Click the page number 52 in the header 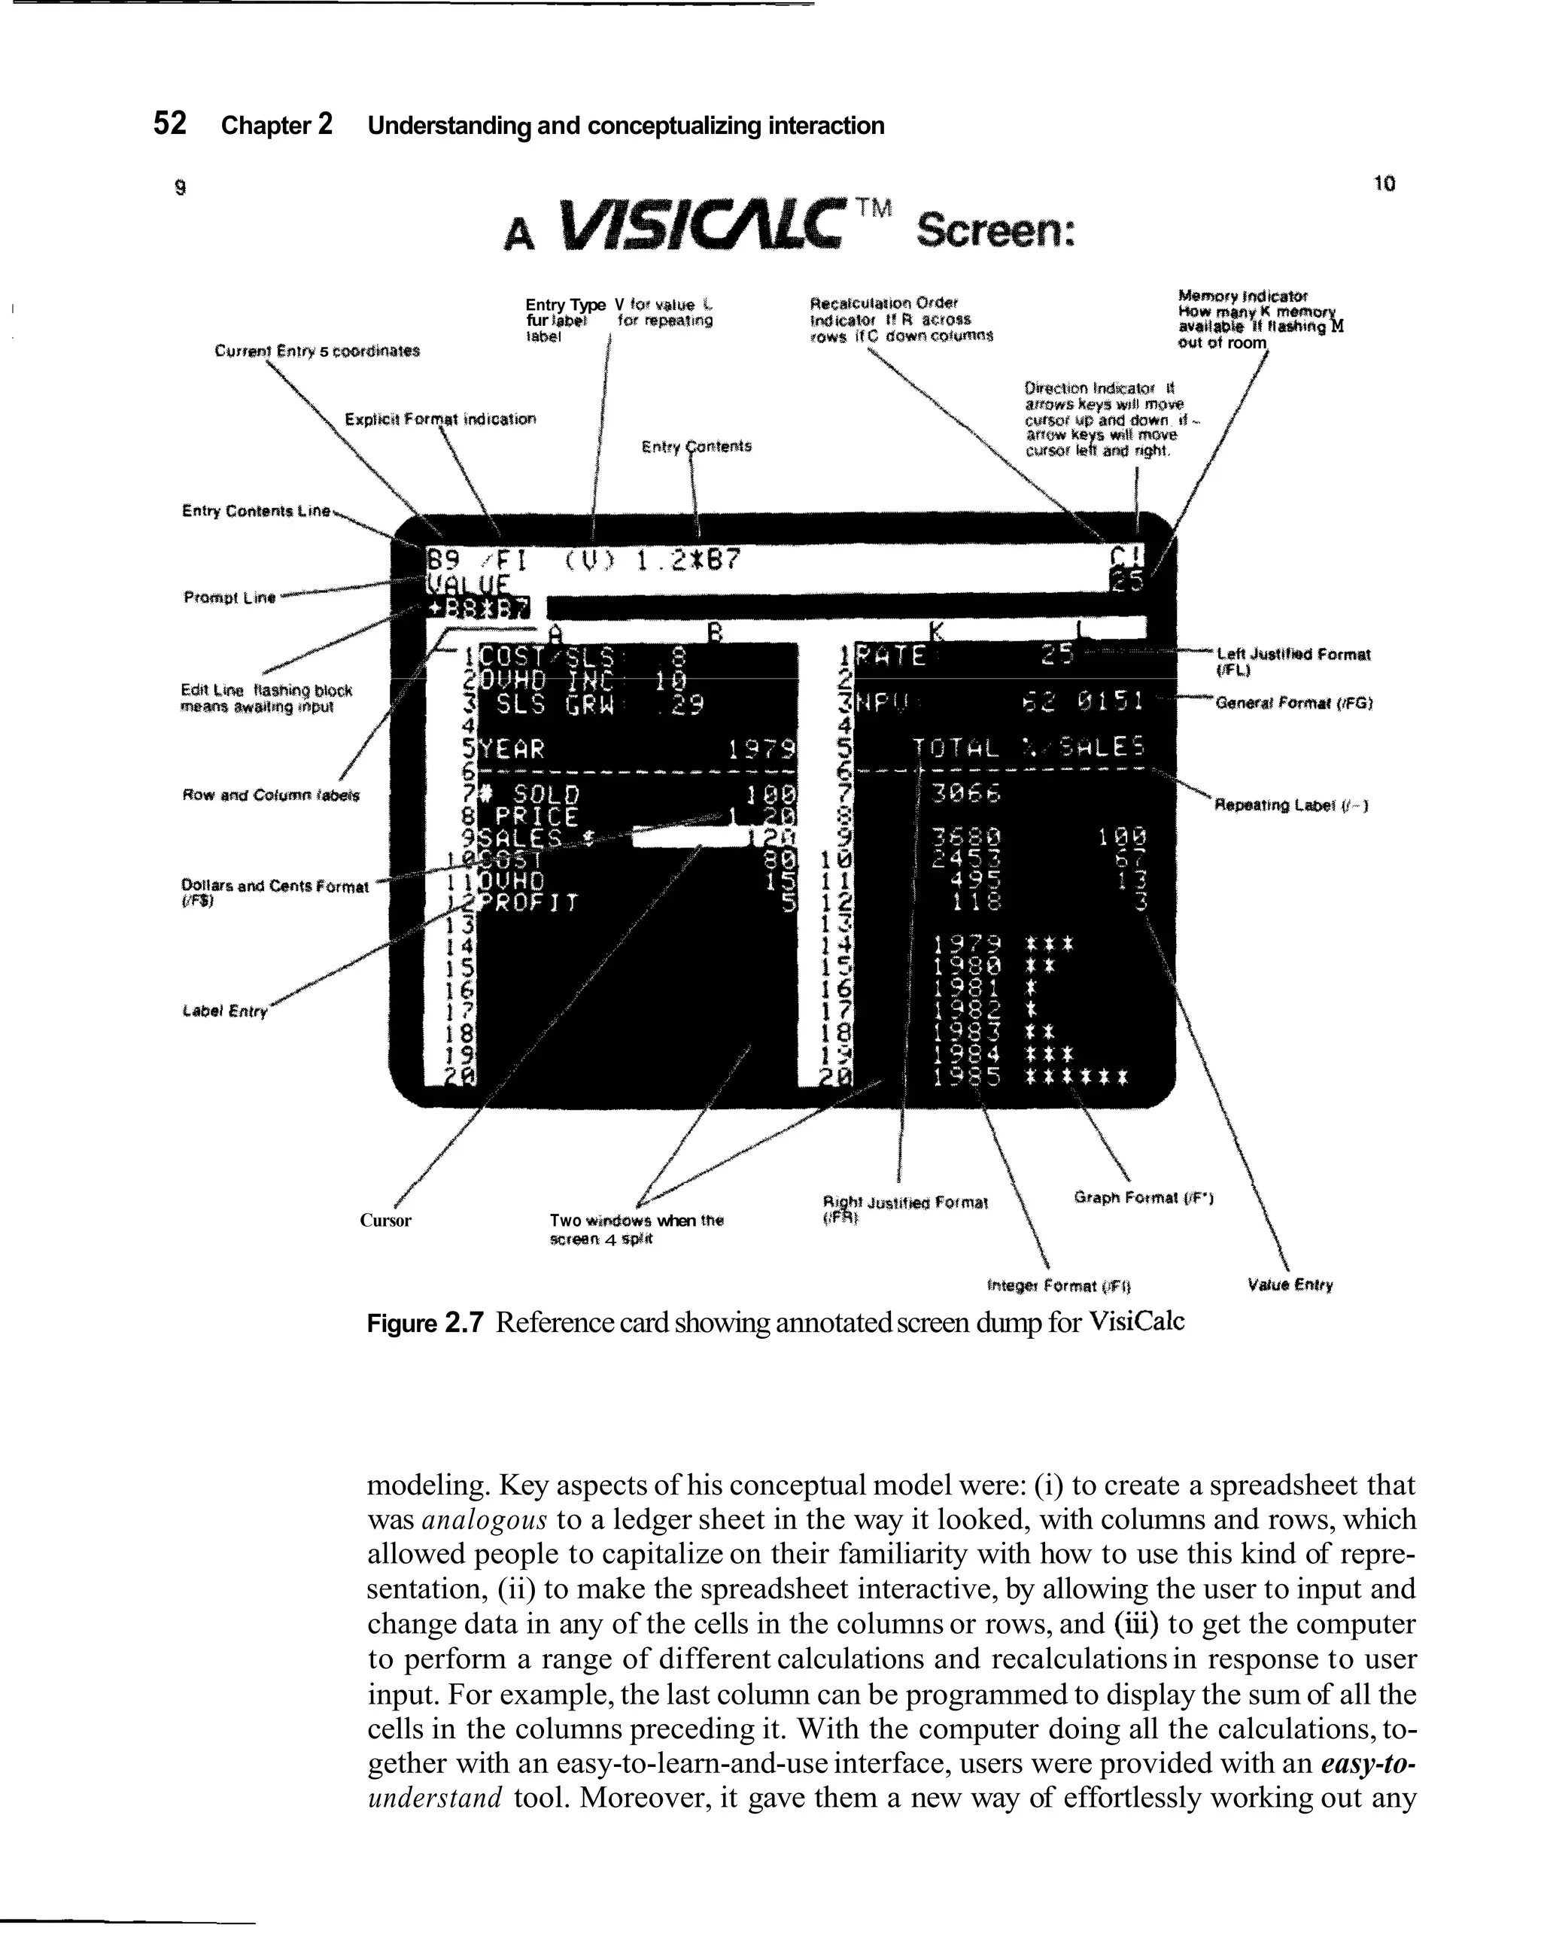pyautogui.click(x=169, y=123)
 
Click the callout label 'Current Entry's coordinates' pyautogui.click(x=317, y=351)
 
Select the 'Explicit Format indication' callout pyautogui.click(x=440, y=419)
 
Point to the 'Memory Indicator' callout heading pyautogui.click(x=1242, y=295)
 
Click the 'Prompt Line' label pyautogui.click(x=229, y=597)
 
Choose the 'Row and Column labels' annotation pyautogui.click(x=270, y=795)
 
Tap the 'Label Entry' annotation pyautogui.click(x=225, y=1011)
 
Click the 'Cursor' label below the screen pyautogui.click(x=386, y=1220)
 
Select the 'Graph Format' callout pyautogui.click(x=1144, y=1197)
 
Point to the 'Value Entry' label pyautogui.click(x=1290, y=1285)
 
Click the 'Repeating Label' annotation pyautogui.click(x=1290, y=804)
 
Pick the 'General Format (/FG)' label pyautogui.click(x=1294, y=704)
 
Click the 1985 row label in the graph pyautogui.click(x=966, y=1075)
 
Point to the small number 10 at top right pyautogui.click(x=1384, y=184)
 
